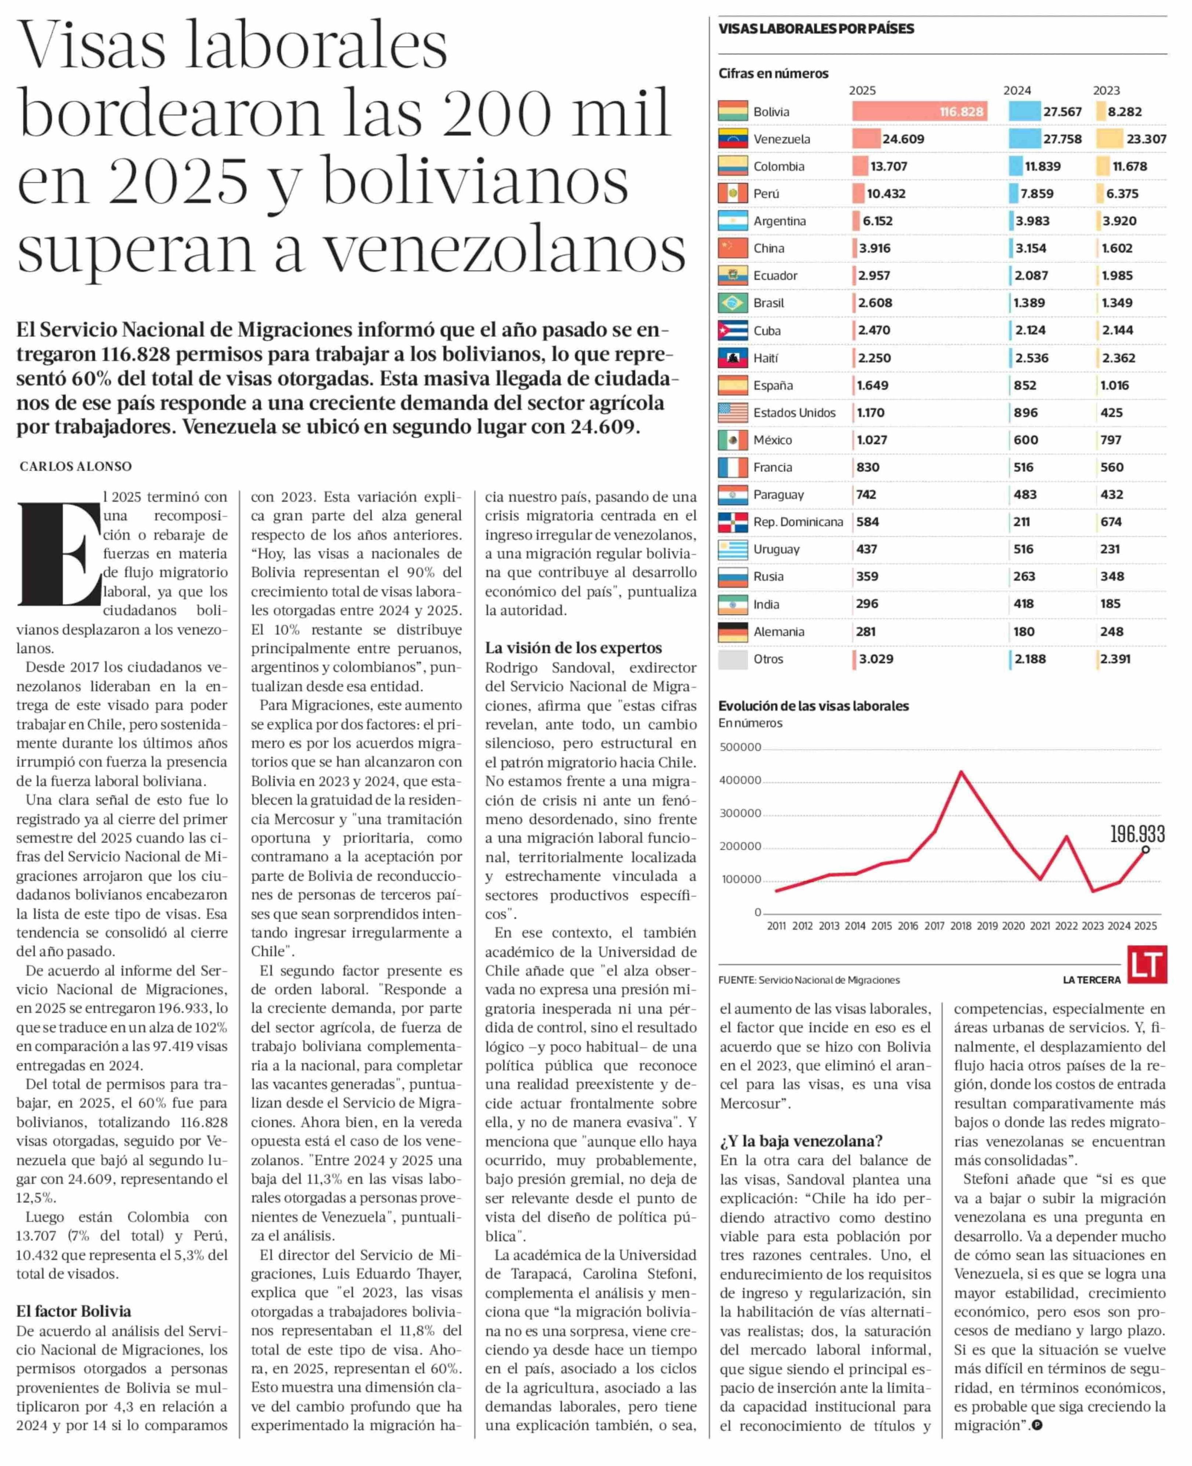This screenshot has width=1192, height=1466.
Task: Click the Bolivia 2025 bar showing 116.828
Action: click(x=919, y=111)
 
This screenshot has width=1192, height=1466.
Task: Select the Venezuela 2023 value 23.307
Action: click(x=1146, y=139)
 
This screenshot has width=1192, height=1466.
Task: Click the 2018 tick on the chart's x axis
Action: click(x=960, y=926)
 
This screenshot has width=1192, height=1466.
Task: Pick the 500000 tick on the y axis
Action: click(x=740, y=747)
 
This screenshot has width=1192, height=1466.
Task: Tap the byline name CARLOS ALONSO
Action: click(x=76, y=466)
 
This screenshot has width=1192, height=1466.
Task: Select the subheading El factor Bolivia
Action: click(x=73, y=1311)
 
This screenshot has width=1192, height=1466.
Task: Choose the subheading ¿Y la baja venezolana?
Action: click(x=801, y=1160)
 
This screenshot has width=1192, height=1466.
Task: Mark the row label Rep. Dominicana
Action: click(x=798, y=522)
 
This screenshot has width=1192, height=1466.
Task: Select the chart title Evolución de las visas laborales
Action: click(x=813, y=706)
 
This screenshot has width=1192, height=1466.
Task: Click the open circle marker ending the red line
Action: click(x=1145, y=850)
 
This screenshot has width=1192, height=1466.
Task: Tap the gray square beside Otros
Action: click(x=733, y=659)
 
